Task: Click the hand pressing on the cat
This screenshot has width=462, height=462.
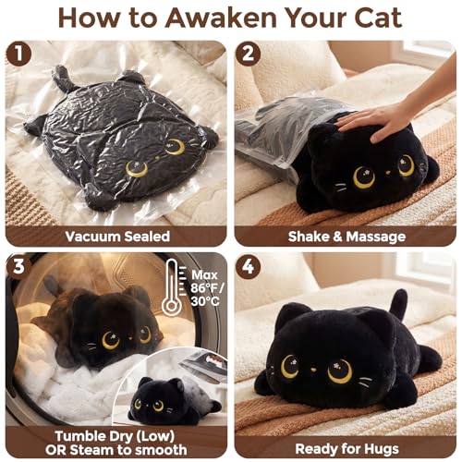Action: tap(379, 118)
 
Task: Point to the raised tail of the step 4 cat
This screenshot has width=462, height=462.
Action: tap(400, 304)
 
